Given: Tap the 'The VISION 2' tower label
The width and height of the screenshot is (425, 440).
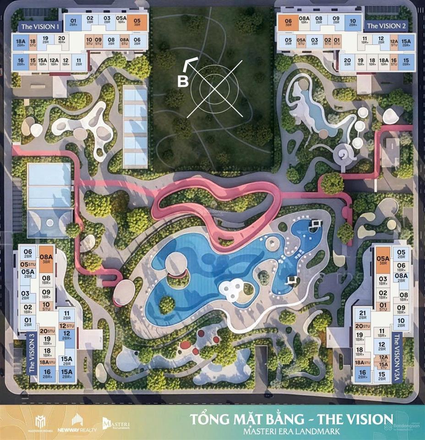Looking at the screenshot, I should [x=386, y=26].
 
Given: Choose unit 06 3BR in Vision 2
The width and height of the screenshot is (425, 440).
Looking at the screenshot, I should [x=288, y=22].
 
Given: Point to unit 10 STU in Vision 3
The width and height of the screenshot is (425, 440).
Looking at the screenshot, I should [x=46, y=306].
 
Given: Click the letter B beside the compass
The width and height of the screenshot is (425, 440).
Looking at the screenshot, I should [x=182, y=82].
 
